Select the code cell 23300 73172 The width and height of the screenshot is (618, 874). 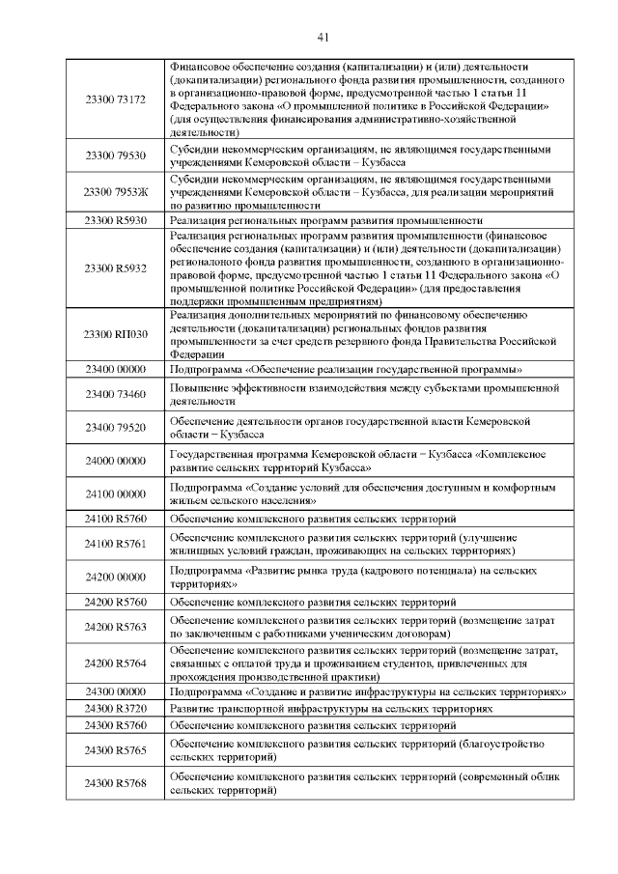pyautogui.click(x=115, y=99)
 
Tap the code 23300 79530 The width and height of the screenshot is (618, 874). pyautogui.click(x=115, y=155)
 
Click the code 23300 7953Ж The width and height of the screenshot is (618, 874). pyautogui.click(x=115, y=192)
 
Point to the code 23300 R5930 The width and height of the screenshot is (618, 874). pyautogui.click(x=115, y=220)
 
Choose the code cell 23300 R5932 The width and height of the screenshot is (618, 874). pyautogui.click(x=115, y=268)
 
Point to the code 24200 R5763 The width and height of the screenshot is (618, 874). pyautogui.click(x=115, y=627)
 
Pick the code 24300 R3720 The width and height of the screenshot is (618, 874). pyautogui.click(x=115, y=709)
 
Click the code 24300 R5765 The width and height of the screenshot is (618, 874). pyautogui.click(x=115, y=750)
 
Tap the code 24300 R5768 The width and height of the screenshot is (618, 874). pyautogui.click(x=115, y=783)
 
